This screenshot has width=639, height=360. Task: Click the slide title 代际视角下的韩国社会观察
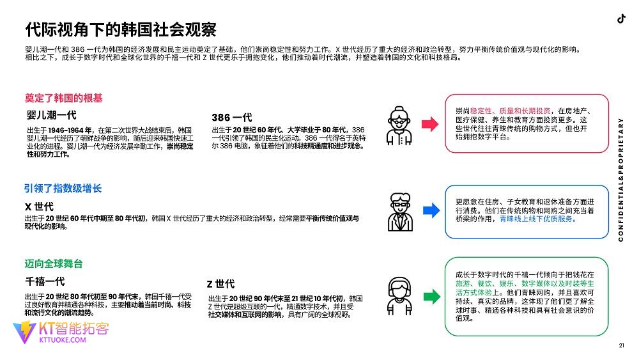pyautogui.click(x=120, y=29)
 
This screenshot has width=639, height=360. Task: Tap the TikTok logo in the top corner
pyautogui.click(x=620, y=19)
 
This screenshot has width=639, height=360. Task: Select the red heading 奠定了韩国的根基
pyautogui.click(x=63, y=98)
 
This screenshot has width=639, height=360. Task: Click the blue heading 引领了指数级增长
pyautogui.click(x=63, y=189)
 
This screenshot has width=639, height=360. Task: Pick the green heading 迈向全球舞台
pyautogui.click(x=54, y=263)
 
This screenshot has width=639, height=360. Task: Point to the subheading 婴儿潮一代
pyautogui.click(x=51, y=115)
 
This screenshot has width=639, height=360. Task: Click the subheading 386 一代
pyautogui.click(x=231, y=118)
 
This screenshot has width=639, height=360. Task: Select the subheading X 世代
pyautogui.click(x=39, y=207)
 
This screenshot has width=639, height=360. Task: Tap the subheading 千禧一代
pyautogui.click(x=45, y=281)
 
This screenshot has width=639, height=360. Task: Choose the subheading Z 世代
pyautogui.click(x=220, y=284)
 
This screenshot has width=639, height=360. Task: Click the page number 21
pyautogui.click(x=621, y=346)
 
